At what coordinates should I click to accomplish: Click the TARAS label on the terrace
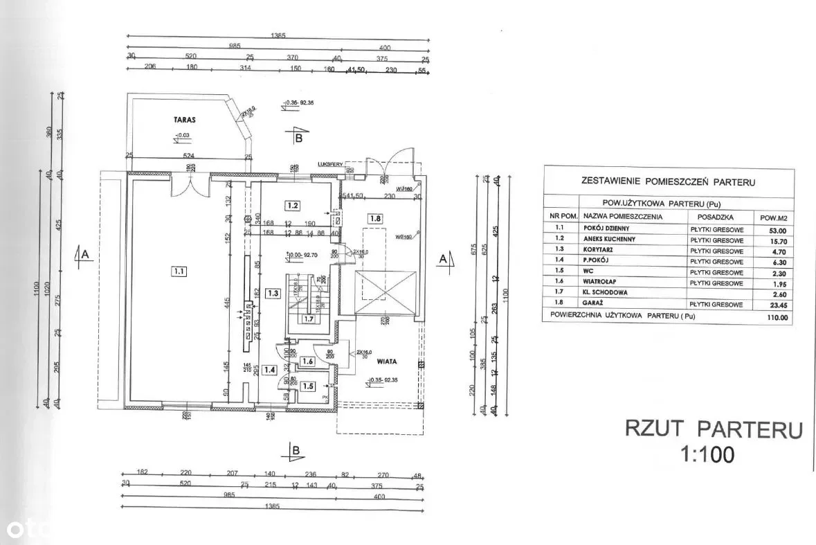coord(185,120)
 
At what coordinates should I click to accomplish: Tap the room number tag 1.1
coord(179,271)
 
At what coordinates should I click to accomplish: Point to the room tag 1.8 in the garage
coord(374,219)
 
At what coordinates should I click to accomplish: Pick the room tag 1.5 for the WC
coord(308,386)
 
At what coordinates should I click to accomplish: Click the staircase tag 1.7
coord(309,319)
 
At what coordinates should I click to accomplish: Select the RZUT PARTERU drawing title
coord(714,429)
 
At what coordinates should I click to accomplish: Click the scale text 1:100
coord(708,454)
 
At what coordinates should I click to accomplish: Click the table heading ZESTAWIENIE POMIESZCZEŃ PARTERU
coord(668,183)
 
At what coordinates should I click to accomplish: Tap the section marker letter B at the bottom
coord(297,451)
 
